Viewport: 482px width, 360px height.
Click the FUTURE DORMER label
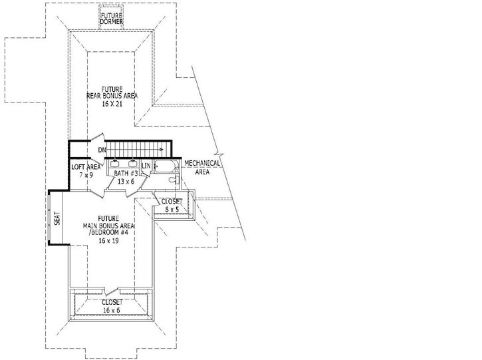[x=112, y=18]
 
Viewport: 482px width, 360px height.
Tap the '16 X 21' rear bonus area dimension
[x=112, y=104]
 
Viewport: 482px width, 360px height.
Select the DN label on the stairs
[x=102, y=150]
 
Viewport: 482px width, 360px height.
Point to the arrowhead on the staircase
[x=161, y=150]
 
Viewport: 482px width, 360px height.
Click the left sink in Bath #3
[x=115, y=162]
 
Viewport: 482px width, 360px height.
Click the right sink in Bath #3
[x=133, y=162]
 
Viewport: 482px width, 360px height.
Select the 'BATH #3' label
[x=126, y=173]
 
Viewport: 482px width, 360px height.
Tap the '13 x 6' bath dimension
[x=126, y=180]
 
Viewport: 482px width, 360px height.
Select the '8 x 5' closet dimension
[x=173, y=210]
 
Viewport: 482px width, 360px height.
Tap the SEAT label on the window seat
[x=57, y=218]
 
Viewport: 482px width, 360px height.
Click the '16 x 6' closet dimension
[x=112, y=309]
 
